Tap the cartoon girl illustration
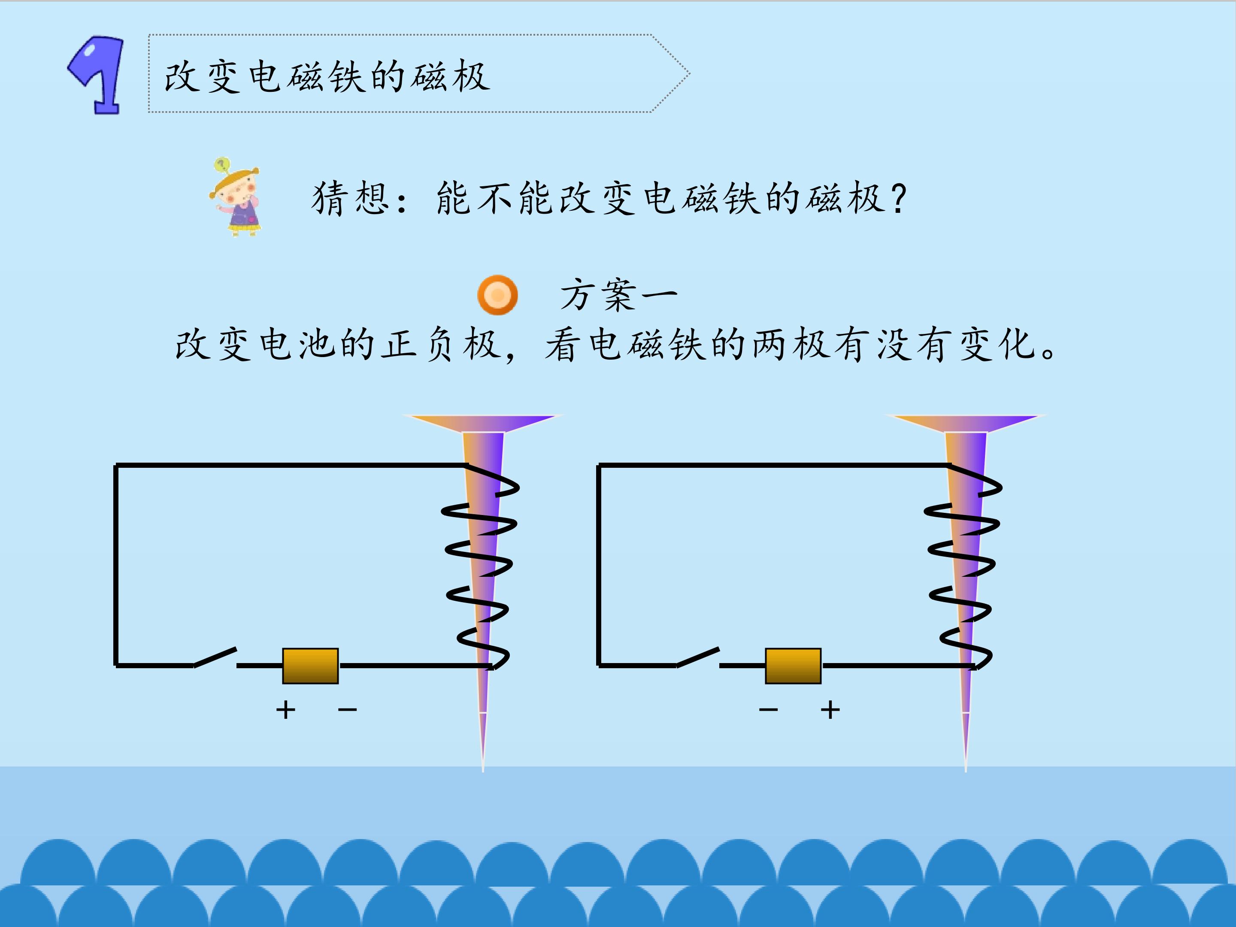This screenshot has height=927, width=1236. coord(236,197)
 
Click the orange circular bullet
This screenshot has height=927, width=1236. coord(497,295)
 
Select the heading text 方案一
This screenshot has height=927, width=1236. coord(618,295)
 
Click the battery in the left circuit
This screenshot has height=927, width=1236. coord(310,666)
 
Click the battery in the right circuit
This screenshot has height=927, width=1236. coord(793,666)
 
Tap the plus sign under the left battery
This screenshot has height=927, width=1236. coord(285,710)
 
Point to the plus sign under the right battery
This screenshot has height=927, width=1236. coord(830,710)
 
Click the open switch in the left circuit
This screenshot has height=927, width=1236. coord(215,657)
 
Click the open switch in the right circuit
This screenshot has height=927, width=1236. coord(698,657)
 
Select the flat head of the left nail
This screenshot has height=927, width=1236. coord(483,423)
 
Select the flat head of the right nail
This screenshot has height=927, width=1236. coord(966,423)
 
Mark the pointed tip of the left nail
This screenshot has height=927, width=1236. coord(483,771)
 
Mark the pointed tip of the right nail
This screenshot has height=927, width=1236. coord(966,771)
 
